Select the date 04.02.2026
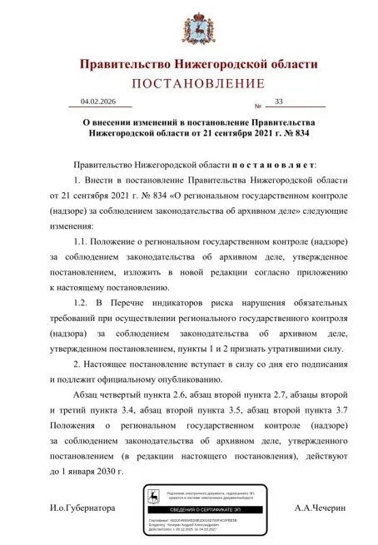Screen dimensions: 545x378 click(x=99, y=102)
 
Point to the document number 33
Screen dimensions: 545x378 click(x=279, y=102)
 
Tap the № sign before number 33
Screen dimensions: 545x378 click(x=258, y=107)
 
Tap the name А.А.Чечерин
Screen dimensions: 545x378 click(x=320, y=508)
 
